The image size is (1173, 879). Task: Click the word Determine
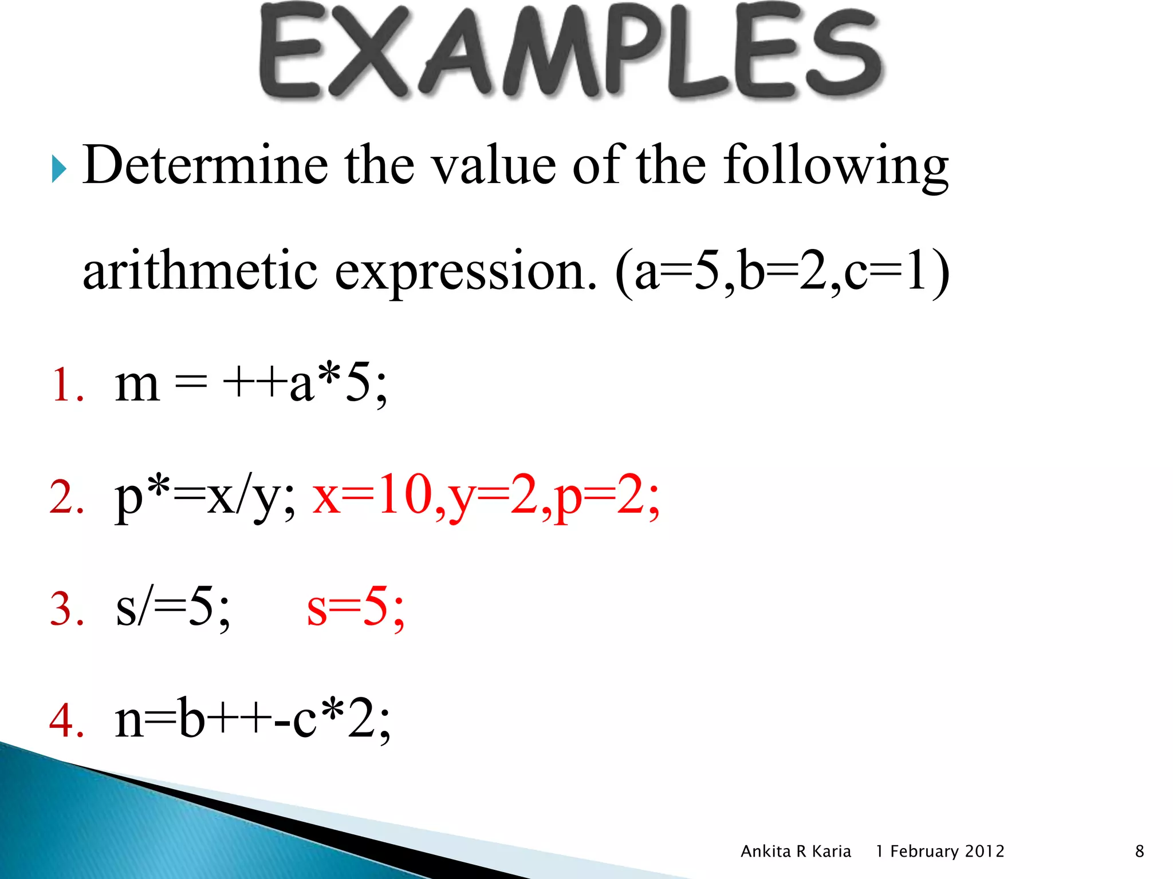click(x=205, y=165)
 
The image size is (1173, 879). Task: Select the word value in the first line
click(x=493, y=165)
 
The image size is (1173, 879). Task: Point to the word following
click(x=836, y=166)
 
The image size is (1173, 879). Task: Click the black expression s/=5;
click(x=172, y=608)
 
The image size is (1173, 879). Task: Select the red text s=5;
click(x=356, y=608)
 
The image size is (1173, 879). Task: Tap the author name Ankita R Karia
click(x=796, y=852)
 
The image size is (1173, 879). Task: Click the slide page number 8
click(x=1139, y=852)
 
